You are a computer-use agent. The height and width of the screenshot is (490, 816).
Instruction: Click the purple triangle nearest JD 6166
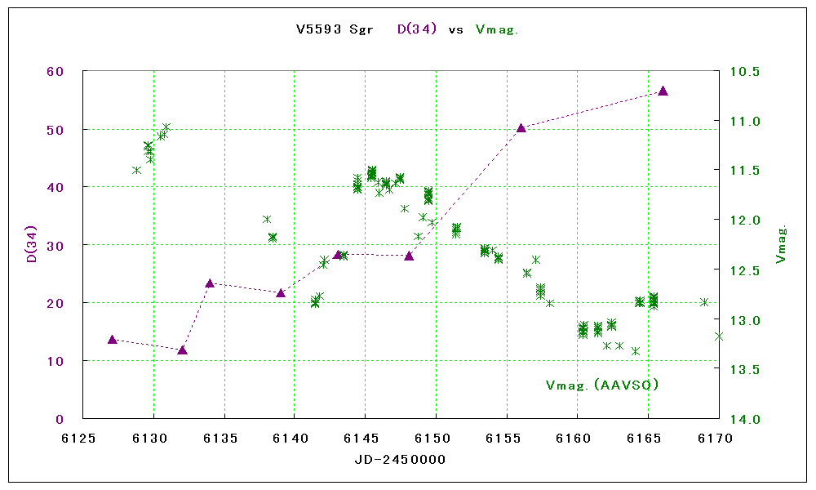click(663, 91)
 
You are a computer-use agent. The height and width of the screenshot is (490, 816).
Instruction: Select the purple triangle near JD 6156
click(521, 127)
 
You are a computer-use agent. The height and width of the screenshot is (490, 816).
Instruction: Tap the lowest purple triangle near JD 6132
click(182, 350)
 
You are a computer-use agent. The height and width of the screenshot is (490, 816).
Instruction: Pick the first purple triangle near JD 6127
click(113, 339)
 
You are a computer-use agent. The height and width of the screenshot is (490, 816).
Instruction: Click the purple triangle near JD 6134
click(210, 283)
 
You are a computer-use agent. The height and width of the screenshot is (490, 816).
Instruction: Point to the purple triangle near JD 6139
click(281, 292)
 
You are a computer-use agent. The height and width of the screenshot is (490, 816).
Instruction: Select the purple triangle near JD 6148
click(409, 256)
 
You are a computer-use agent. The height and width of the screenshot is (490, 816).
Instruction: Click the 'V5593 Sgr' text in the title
click(335, 29)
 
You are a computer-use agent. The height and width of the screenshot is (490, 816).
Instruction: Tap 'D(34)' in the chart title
click(417, 29)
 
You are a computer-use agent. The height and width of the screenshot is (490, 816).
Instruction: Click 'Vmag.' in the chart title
click(497, 29)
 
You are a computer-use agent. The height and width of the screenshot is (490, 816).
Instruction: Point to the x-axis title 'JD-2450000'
click(400, 460)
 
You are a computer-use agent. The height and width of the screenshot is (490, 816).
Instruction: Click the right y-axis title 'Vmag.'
click(781, 245)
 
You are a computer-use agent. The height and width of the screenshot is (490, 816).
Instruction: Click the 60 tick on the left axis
click(55, 71)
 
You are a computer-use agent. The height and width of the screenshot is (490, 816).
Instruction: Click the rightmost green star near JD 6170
click(719, 336)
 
